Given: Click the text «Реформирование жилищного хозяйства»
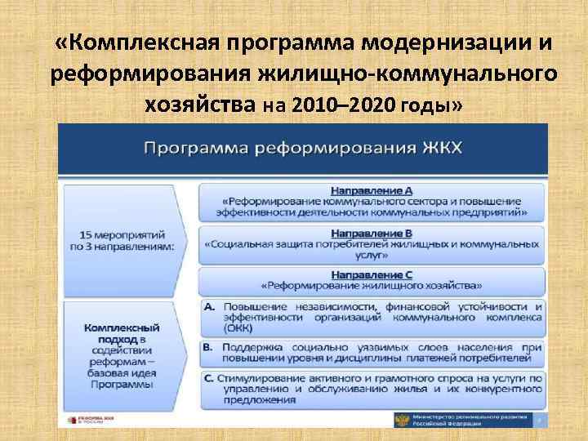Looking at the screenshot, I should (x=372, y=286).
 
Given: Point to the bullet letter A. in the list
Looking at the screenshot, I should (x=209, y=305).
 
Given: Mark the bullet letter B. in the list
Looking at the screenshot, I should (x=209, y=347).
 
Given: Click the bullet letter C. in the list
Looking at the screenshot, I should (x=209, y=378).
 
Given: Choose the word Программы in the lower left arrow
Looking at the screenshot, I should (x=121, y=384).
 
